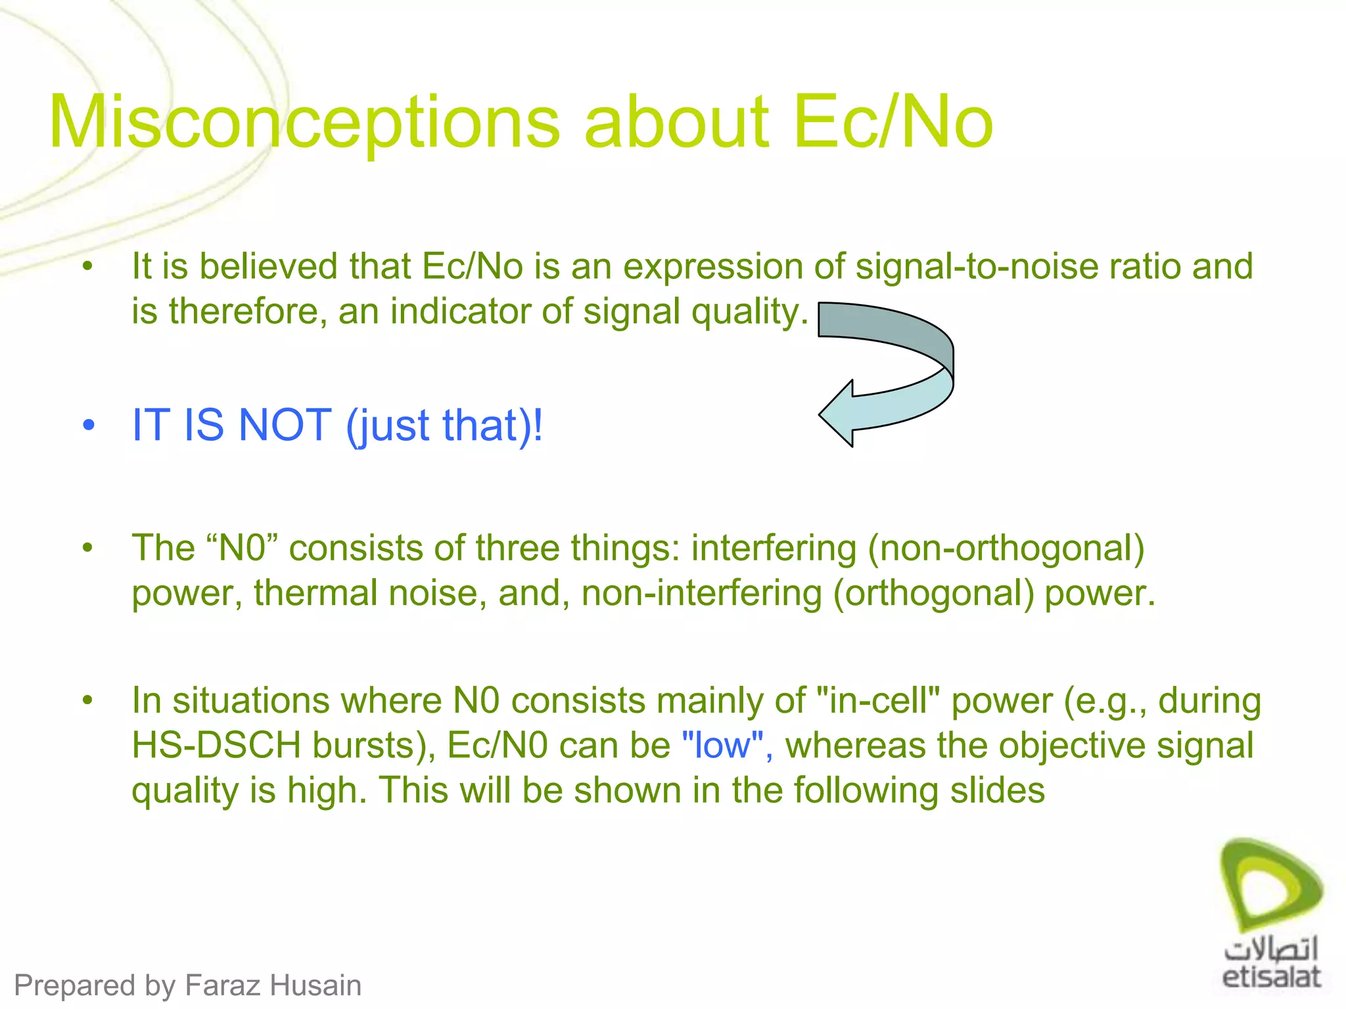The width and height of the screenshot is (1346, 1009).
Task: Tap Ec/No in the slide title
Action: point(893,122)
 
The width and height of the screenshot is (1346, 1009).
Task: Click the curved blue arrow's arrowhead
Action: point(838,414)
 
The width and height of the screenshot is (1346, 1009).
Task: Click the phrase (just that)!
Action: point(444,426)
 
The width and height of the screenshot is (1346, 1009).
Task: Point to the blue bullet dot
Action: point(89,425)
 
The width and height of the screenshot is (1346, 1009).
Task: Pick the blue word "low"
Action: point(722,746)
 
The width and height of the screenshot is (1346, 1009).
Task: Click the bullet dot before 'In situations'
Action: point(87,700)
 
